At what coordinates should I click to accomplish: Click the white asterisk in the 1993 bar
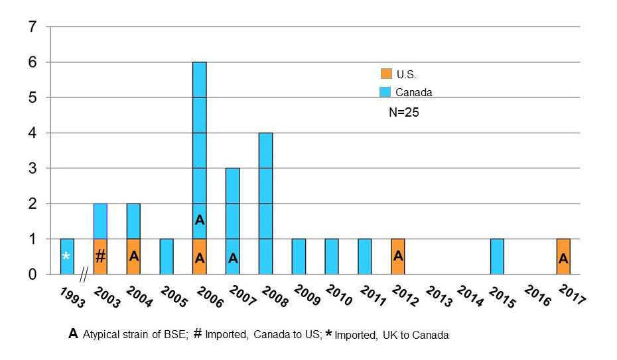click(66, 257)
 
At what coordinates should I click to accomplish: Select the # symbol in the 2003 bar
click(100, 257)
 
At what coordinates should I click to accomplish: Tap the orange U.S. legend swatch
click(385, 74)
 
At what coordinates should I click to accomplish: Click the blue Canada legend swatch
click(385, 91)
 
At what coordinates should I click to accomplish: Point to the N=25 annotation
click(403, 113)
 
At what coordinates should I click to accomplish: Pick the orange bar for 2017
click(563, 257)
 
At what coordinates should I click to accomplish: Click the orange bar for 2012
click(397, 257)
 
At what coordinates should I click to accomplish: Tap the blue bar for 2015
click(497, 257)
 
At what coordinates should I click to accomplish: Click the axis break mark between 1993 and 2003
click(84, 274)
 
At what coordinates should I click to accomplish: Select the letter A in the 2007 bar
click(233, 259)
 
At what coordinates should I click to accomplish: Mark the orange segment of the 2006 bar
click(200, 257)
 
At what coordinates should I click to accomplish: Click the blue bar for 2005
click(167, 257)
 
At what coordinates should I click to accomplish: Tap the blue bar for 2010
click(332, 257)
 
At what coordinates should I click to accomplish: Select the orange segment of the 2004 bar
click(133, 257)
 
